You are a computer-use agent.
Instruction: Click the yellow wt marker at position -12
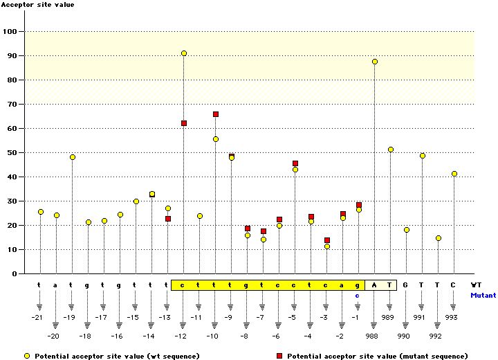click(x=184, y=53)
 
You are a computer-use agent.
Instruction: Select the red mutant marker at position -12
click(x=184, y=123)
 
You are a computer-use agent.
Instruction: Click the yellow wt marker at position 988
click(x=375, y=62)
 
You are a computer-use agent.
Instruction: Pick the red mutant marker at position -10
click(x=216, y=114)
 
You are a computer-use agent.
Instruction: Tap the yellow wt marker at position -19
click(x=73, y=157)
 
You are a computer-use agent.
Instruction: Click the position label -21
click(x=37, y=317)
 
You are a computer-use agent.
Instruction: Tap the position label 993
click(x=452, y=317)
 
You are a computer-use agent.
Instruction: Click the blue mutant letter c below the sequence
click(x=358, y=296)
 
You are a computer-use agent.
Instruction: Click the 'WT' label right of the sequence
click(x=476, y=285)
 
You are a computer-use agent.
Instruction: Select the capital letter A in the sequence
click(x=374, y=285)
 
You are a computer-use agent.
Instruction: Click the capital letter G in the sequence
click(x=406, y=285)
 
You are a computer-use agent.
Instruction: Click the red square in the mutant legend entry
click(x=279, y=357)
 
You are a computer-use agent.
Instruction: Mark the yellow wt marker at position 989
click(x=391, y=150)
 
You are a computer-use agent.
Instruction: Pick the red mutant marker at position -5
click(x=295, y=163)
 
